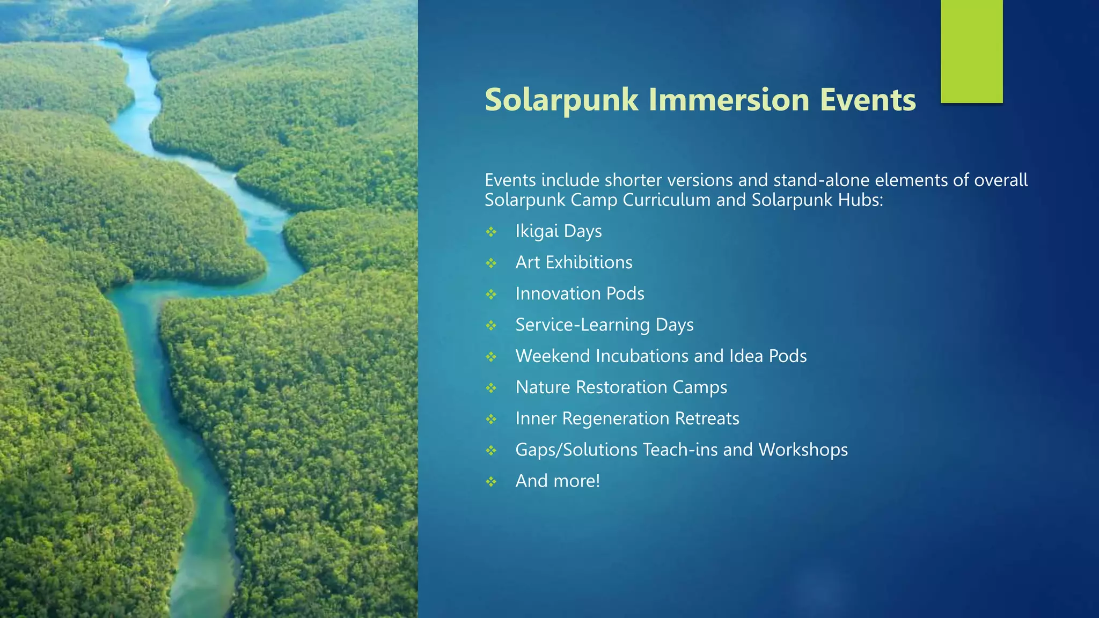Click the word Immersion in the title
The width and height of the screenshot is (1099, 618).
730,100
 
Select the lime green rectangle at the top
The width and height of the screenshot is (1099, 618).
971,51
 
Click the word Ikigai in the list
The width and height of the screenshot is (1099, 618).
537,231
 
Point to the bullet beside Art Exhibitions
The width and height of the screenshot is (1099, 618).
491,263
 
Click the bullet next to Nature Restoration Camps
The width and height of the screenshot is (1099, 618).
491,388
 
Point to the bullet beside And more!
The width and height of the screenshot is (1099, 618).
491,482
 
